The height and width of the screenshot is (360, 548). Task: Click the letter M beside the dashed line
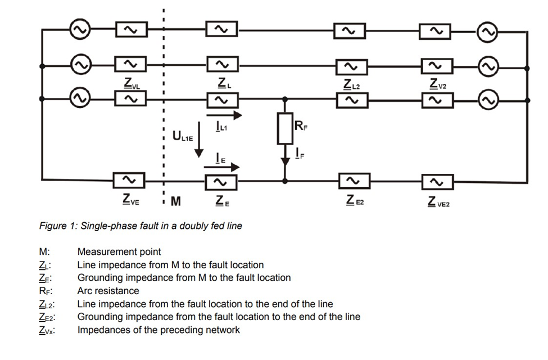click(176, 201)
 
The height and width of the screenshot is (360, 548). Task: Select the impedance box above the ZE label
click(221, 181)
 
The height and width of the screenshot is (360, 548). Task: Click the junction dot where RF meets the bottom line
click(285, 181)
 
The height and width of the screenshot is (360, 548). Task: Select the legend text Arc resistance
click(107, 291)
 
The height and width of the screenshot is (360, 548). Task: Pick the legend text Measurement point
click(119, 252)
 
